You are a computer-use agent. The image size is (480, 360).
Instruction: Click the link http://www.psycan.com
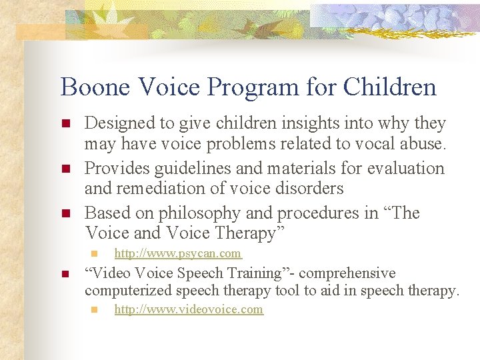(178, 253)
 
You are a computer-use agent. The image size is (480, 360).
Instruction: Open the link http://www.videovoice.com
(189, 309)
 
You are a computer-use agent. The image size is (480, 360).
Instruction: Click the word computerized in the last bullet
(130, 291)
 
